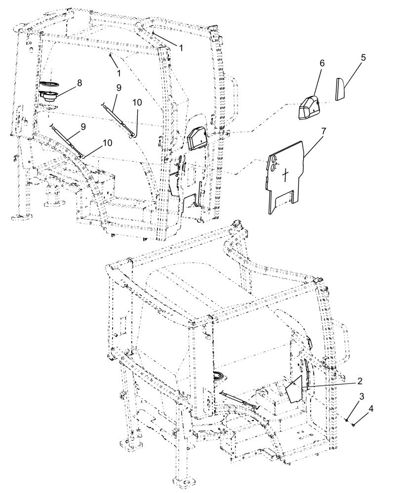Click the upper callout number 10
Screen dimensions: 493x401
tap(137, 102)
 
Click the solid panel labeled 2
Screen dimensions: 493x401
tap(295, 389)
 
